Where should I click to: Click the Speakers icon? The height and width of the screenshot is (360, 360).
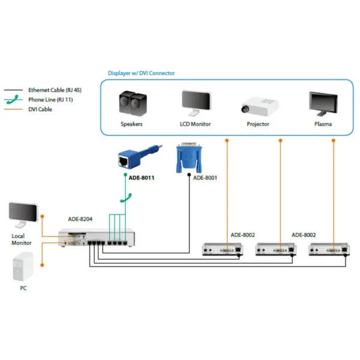[133, 104]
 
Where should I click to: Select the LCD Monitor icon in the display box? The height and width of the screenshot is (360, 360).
[196, 103]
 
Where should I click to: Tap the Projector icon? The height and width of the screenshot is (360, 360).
[259, 107]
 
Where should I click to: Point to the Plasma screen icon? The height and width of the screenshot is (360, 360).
[323, 104]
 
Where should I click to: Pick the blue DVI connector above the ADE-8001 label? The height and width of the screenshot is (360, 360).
[189, 157]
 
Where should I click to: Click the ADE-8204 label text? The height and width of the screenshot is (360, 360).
[80, 219]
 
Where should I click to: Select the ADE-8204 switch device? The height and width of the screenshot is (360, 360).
[97, 238]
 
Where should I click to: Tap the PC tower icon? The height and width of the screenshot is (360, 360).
[23, 266]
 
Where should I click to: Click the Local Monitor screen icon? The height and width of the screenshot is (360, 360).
[23, 215]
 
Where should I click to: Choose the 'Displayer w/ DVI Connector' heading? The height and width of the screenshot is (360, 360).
[141, 73]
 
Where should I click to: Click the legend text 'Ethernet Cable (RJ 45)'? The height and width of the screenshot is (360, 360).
[55, 90]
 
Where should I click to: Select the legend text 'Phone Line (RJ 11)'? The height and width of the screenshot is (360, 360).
[50, 100]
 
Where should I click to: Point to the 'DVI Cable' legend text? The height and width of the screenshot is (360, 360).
[40, 109]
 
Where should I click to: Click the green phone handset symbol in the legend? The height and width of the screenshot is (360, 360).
[13, 100]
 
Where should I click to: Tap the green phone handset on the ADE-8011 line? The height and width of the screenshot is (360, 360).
[126, 198]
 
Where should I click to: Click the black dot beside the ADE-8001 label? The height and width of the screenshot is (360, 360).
[189, 175]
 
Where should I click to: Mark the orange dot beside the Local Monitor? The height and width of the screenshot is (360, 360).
[42, 216]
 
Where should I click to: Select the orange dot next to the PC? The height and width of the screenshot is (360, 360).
[42, 265]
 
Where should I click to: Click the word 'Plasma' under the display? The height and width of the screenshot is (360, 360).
[323, 124]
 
